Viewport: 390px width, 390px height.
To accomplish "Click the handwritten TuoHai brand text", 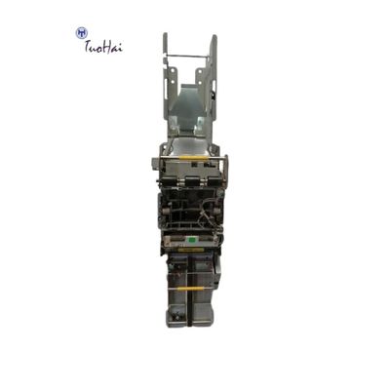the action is coord(103,46).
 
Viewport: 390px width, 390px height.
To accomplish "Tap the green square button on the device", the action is coord(191,240).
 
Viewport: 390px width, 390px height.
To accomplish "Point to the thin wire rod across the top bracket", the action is coord(191,57).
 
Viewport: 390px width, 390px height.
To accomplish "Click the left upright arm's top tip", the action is coord(165,34).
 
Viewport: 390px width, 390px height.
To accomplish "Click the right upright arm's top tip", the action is coord(214,36).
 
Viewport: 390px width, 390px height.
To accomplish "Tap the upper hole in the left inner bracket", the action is coord(174,68).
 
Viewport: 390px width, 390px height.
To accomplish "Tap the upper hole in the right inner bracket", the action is coord(199,70).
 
